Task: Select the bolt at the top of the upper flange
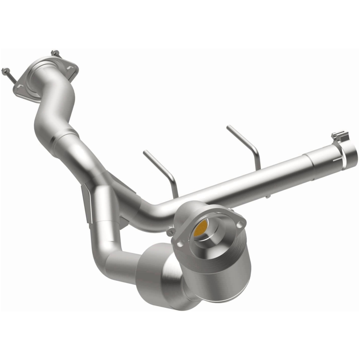point(54,54)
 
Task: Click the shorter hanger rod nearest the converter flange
point(161,168)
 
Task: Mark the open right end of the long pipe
point(351,155)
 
